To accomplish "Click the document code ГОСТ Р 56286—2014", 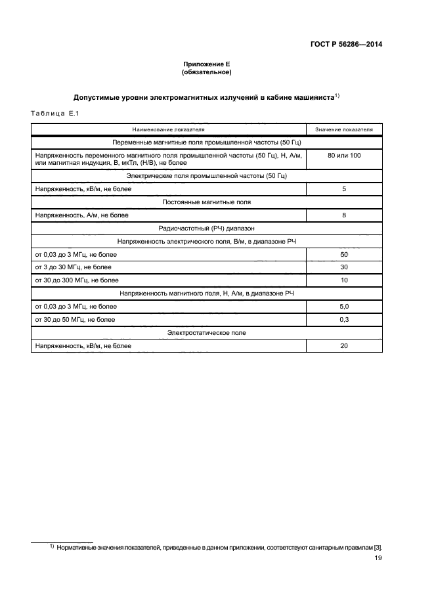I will pos(346,45).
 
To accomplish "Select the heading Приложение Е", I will pos(207,64).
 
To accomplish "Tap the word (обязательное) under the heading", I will pos(207,72).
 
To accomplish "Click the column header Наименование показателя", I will pos(168,129).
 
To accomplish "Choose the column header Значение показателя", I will pos(344,129).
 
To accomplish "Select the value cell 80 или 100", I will pos(344,155).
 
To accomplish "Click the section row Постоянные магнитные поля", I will pos(206,202).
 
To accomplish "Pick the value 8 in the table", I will pos(344,215).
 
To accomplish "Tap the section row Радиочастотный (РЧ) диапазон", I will pos(206,228).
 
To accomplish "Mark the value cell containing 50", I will pos(344,254).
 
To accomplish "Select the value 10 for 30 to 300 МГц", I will pos(344,280).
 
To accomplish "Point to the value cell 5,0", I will pos(344,307).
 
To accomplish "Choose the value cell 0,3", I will pos(344,320).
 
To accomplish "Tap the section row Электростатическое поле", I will pos(206,333).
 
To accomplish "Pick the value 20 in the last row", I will pos(344,346).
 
